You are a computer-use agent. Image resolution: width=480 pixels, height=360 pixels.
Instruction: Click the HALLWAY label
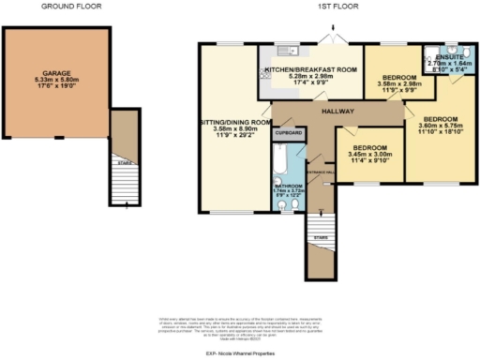(336, 111)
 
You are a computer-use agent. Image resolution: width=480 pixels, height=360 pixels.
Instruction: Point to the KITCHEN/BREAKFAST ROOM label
(310, 70)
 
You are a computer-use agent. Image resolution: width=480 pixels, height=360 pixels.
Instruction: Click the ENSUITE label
(449, 57)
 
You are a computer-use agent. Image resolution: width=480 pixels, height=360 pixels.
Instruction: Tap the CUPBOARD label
(289, 133)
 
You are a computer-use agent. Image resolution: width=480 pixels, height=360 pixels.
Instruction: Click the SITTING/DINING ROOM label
(233, 122)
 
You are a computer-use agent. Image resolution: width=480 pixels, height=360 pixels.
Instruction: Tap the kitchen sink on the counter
(280, 55)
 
